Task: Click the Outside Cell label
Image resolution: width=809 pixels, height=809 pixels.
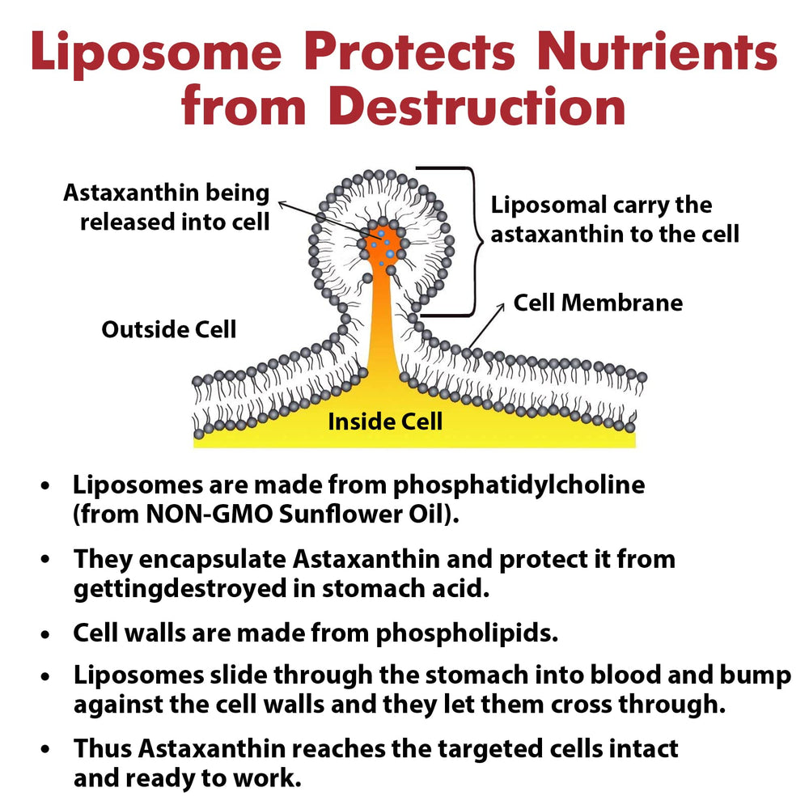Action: click(169, 329)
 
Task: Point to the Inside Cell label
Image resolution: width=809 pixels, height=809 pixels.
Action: click(385, 421)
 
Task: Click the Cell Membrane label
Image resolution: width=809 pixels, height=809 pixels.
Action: click(598, 303)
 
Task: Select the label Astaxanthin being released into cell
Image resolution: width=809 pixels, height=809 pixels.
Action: click(166, 207)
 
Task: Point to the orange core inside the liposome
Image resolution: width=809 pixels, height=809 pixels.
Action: click(380, 243)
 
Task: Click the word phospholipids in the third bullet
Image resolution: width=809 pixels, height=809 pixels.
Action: click(467, 633)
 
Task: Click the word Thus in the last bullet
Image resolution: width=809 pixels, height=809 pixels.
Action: click(103, 748)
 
